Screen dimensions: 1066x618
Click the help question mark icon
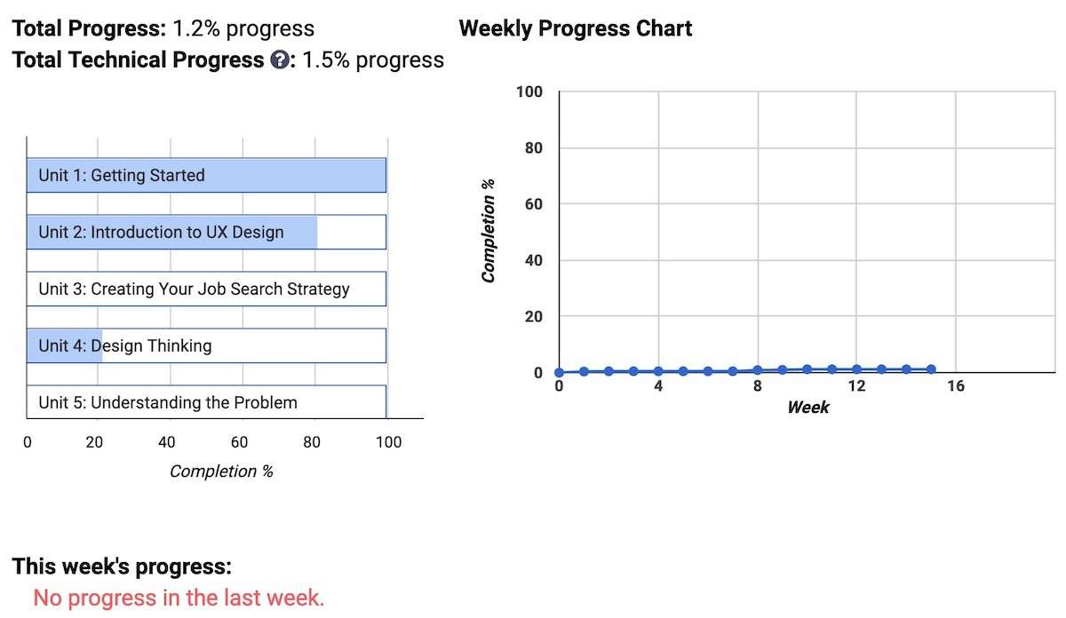(280, 60)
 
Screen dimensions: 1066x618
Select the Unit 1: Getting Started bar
(206, 175)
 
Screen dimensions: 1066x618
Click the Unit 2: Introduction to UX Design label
(161, 232)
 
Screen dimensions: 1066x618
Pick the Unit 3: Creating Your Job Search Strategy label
(195, 289)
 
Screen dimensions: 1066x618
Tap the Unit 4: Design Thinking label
(125, 346)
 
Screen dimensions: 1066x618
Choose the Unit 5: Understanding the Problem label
(168, 402)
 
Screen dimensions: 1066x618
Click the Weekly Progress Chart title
(576, 28)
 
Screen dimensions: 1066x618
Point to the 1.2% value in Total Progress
(196, 28)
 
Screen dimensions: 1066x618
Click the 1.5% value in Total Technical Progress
(326, 60)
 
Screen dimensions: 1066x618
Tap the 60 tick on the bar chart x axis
(239, 442)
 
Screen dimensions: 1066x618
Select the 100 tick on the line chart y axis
(529, 91)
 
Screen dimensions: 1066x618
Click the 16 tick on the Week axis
(956, 386)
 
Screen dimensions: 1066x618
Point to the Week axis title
(808, 408)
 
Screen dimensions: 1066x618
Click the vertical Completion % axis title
(489, 231)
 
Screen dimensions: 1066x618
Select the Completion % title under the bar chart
(221, 471)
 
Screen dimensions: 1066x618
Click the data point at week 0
(559, 373)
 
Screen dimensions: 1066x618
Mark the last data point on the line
(931, 369)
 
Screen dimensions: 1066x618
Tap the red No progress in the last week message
(179, 598)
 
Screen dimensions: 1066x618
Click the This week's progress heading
(122, 566)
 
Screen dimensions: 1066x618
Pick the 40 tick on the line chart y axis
(534, 260)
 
